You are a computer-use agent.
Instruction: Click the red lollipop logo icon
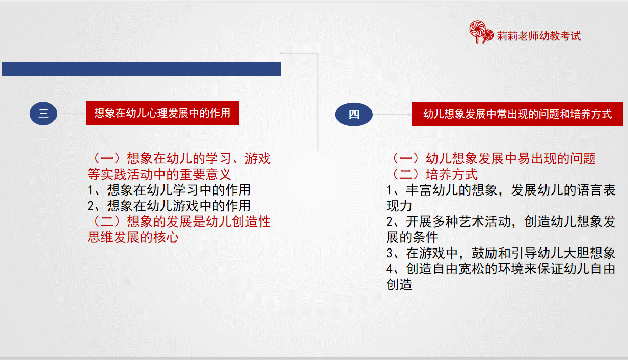(x=481, y=32)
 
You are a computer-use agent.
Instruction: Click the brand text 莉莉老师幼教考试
(x=538, y=36)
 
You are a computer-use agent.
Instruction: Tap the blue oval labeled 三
(x=43, y=114)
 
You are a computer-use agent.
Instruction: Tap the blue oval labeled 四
(x=354, y=115)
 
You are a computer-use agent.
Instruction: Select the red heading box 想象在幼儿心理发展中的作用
(x=162, y=113)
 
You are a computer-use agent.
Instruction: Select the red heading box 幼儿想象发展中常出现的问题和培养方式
(x=517, y=114)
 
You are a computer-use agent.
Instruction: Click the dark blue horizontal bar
(x=141, y=69)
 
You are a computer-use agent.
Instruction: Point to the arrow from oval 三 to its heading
(x=71, y=114)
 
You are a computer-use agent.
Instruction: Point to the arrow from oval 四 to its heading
(x=392, y=115)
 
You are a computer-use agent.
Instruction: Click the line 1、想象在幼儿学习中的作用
(x=169, y=190)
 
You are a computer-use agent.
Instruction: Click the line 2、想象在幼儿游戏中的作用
(x=169, y=206)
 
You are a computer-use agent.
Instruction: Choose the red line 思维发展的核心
(x=133, y=237)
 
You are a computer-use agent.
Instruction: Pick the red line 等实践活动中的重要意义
(x=159, y=174)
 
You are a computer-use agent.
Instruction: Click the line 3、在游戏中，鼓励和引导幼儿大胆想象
(x=501, y=253)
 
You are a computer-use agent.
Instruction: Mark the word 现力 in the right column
(x=399, y=206)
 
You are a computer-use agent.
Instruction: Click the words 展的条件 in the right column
(x=412, y=237)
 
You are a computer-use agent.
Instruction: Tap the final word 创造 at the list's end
(x=399, y=284)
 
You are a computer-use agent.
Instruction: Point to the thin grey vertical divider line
(x=318, y=102)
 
